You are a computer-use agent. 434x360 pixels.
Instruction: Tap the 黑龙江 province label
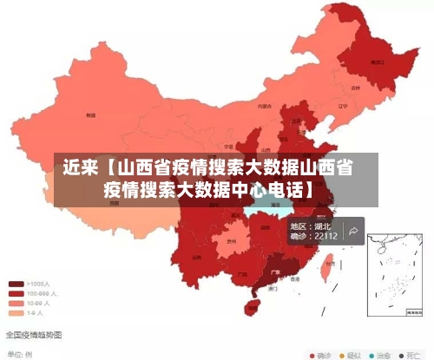coord(377,62)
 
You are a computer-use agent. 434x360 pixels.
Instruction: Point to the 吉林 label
coord(355,88)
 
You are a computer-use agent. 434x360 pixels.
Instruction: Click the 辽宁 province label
coord(342,106)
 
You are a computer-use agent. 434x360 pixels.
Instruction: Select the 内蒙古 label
coord(264,106)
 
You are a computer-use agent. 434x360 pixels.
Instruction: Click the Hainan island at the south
coord(253,305)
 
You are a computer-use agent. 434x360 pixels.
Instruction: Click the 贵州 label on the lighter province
coord(232,243)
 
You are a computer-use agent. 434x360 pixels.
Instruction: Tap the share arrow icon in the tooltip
coord(353,231)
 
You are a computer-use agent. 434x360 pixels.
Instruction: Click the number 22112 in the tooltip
coord(325,236)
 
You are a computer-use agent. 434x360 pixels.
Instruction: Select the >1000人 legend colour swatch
coord(16,284)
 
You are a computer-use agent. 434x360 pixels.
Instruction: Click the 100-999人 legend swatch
coord(16,294)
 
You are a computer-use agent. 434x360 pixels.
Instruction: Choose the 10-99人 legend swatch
coord(16,304)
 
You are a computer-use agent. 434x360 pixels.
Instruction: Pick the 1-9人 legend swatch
coord(16,313)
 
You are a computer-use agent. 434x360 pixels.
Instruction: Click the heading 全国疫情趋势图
coord(32,335)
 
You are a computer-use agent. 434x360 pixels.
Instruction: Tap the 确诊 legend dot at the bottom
coord(313,355)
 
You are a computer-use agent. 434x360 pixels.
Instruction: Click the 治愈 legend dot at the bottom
coord(372,355)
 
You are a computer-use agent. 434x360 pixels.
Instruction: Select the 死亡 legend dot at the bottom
coord(402,355)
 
